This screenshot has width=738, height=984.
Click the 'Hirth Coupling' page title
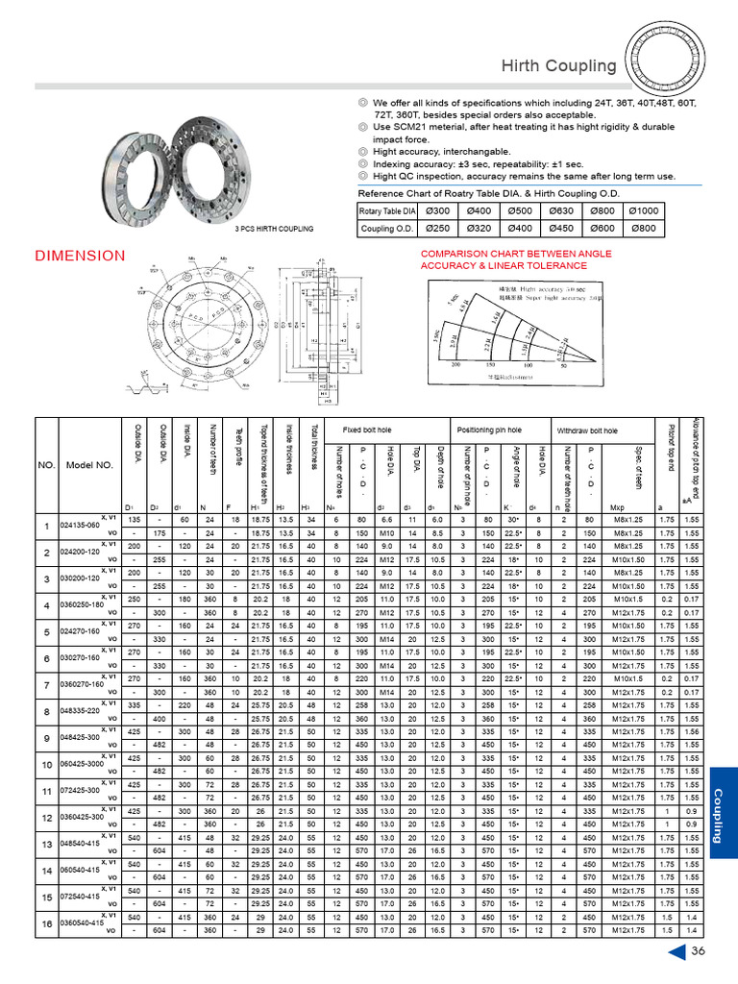point(558,66)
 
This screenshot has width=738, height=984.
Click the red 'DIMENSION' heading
point(80,256)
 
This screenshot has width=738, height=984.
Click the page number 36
point(699,951)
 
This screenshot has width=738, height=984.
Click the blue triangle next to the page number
point(676,951)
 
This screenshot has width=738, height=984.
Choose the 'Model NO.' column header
point(90,465)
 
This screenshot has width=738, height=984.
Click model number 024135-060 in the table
point(80,527)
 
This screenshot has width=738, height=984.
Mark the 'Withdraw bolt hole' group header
point(589,430)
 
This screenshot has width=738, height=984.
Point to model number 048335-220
point(80,711)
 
